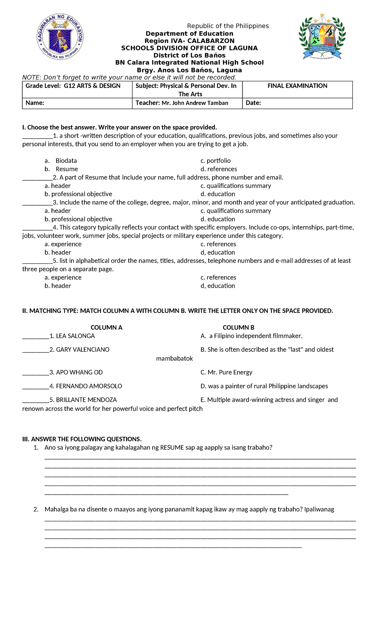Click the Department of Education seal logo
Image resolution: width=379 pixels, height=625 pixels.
click(x=60, y=37)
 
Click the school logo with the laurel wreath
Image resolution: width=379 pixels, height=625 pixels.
click(x=322, y=36)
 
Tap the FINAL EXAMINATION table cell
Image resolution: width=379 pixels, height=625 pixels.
click(x=297, y=86)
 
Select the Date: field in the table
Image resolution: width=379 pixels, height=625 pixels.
click(x=253, y=103)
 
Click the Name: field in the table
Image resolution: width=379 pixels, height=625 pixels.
click(x=35, y=103)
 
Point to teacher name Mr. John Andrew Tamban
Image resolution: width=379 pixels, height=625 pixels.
click(x=195, y=103)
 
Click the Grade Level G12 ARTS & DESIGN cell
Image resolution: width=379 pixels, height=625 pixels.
click(x=73, y=86)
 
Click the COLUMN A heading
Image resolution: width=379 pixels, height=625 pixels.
click(x=106, y=328)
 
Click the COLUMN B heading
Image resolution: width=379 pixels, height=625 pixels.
click(x=238, y=328)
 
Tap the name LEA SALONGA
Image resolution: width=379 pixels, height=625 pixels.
click(x=75, y=336)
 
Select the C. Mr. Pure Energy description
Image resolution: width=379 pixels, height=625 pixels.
click(x=226, y=373)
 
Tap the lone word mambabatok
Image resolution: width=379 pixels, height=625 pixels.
click(x=174, y=359)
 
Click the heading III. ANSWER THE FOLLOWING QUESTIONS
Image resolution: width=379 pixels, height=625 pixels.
click(x=82, y=439)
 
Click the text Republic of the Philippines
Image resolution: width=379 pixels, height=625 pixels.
click(x=228, y=26)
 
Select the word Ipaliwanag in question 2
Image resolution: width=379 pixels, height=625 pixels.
click(x=319, y=510)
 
